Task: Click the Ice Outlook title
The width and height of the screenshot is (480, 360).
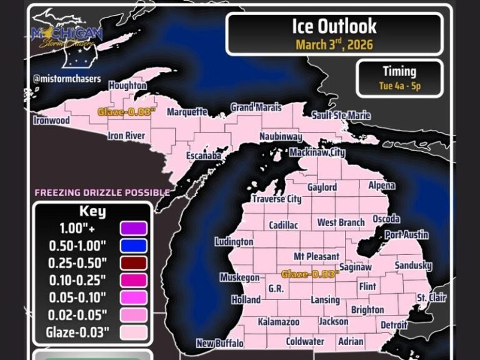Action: point(334,26)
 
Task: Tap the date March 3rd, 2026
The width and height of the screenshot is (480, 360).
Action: point(334,44)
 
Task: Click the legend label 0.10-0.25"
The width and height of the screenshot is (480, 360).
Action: point(77,279)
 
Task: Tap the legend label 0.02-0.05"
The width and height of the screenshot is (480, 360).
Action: point(77,314)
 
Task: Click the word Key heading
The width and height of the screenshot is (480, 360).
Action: point(92,211)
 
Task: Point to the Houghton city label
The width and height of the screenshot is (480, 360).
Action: point(127,85)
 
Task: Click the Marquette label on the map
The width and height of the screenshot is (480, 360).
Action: point(187,112)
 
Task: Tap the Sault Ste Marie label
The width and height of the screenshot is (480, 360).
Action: point(341,116)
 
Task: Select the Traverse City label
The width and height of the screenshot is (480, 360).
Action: point(276,199)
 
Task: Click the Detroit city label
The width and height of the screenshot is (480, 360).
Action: point(394,325)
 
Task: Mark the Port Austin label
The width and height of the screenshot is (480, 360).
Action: point(407,235)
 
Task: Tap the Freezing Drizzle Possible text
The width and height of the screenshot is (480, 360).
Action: point(102,192)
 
